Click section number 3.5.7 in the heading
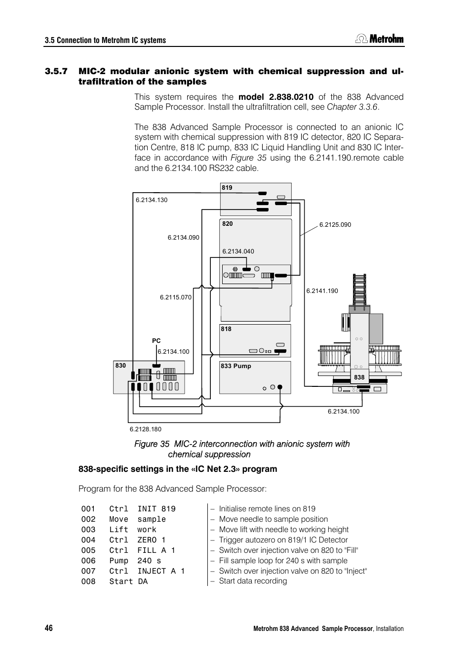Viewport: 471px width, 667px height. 56,71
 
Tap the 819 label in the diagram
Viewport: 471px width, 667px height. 227,188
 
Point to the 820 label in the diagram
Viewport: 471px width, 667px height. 227,224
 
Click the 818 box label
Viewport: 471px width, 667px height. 226,329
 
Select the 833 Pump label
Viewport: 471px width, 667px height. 236,366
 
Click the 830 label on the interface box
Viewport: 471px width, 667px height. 120,366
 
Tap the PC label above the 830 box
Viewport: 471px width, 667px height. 156,341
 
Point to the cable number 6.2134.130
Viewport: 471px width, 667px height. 152,200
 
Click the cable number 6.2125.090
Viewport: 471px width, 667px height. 335,225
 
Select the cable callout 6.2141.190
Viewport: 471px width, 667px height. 322,291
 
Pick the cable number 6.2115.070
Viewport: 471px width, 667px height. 176,297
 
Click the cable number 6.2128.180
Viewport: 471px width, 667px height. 145,429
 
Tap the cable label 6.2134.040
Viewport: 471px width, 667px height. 238,251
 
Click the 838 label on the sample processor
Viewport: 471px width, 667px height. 359,377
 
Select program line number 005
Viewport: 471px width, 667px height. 88,550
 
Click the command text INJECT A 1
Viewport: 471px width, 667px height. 161,571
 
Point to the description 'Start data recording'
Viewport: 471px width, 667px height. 253,581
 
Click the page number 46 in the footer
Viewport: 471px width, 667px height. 48,628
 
